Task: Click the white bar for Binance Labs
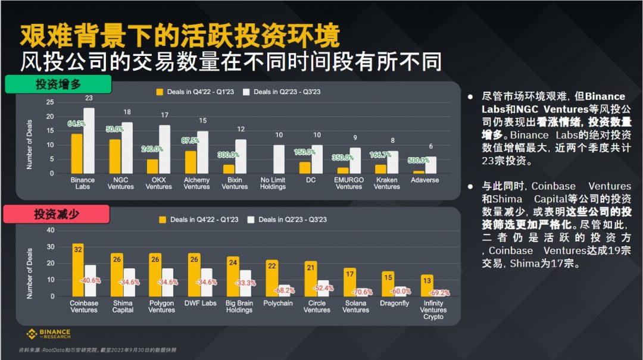(89, 140)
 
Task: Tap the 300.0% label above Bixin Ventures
(229, 155)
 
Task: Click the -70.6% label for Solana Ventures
(361, 292)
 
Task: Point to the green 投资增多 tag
(58, 84)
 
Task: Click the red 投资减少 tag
(57, 214)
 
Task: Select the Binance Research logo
(48, 334)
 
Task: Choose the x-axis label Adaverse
(425, 180)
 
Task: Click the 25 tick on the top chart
(50, 102)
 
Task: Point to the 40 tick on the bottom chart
(50, 230)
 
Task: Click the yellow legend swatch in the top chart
(160, 92)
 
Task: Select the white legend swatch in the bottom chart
(251, 220)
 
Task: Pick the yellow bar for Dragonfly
(388, 284)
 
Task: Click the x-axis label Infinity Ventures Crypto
(433, 309)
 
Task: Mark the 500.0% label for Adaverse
(419, 160)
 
